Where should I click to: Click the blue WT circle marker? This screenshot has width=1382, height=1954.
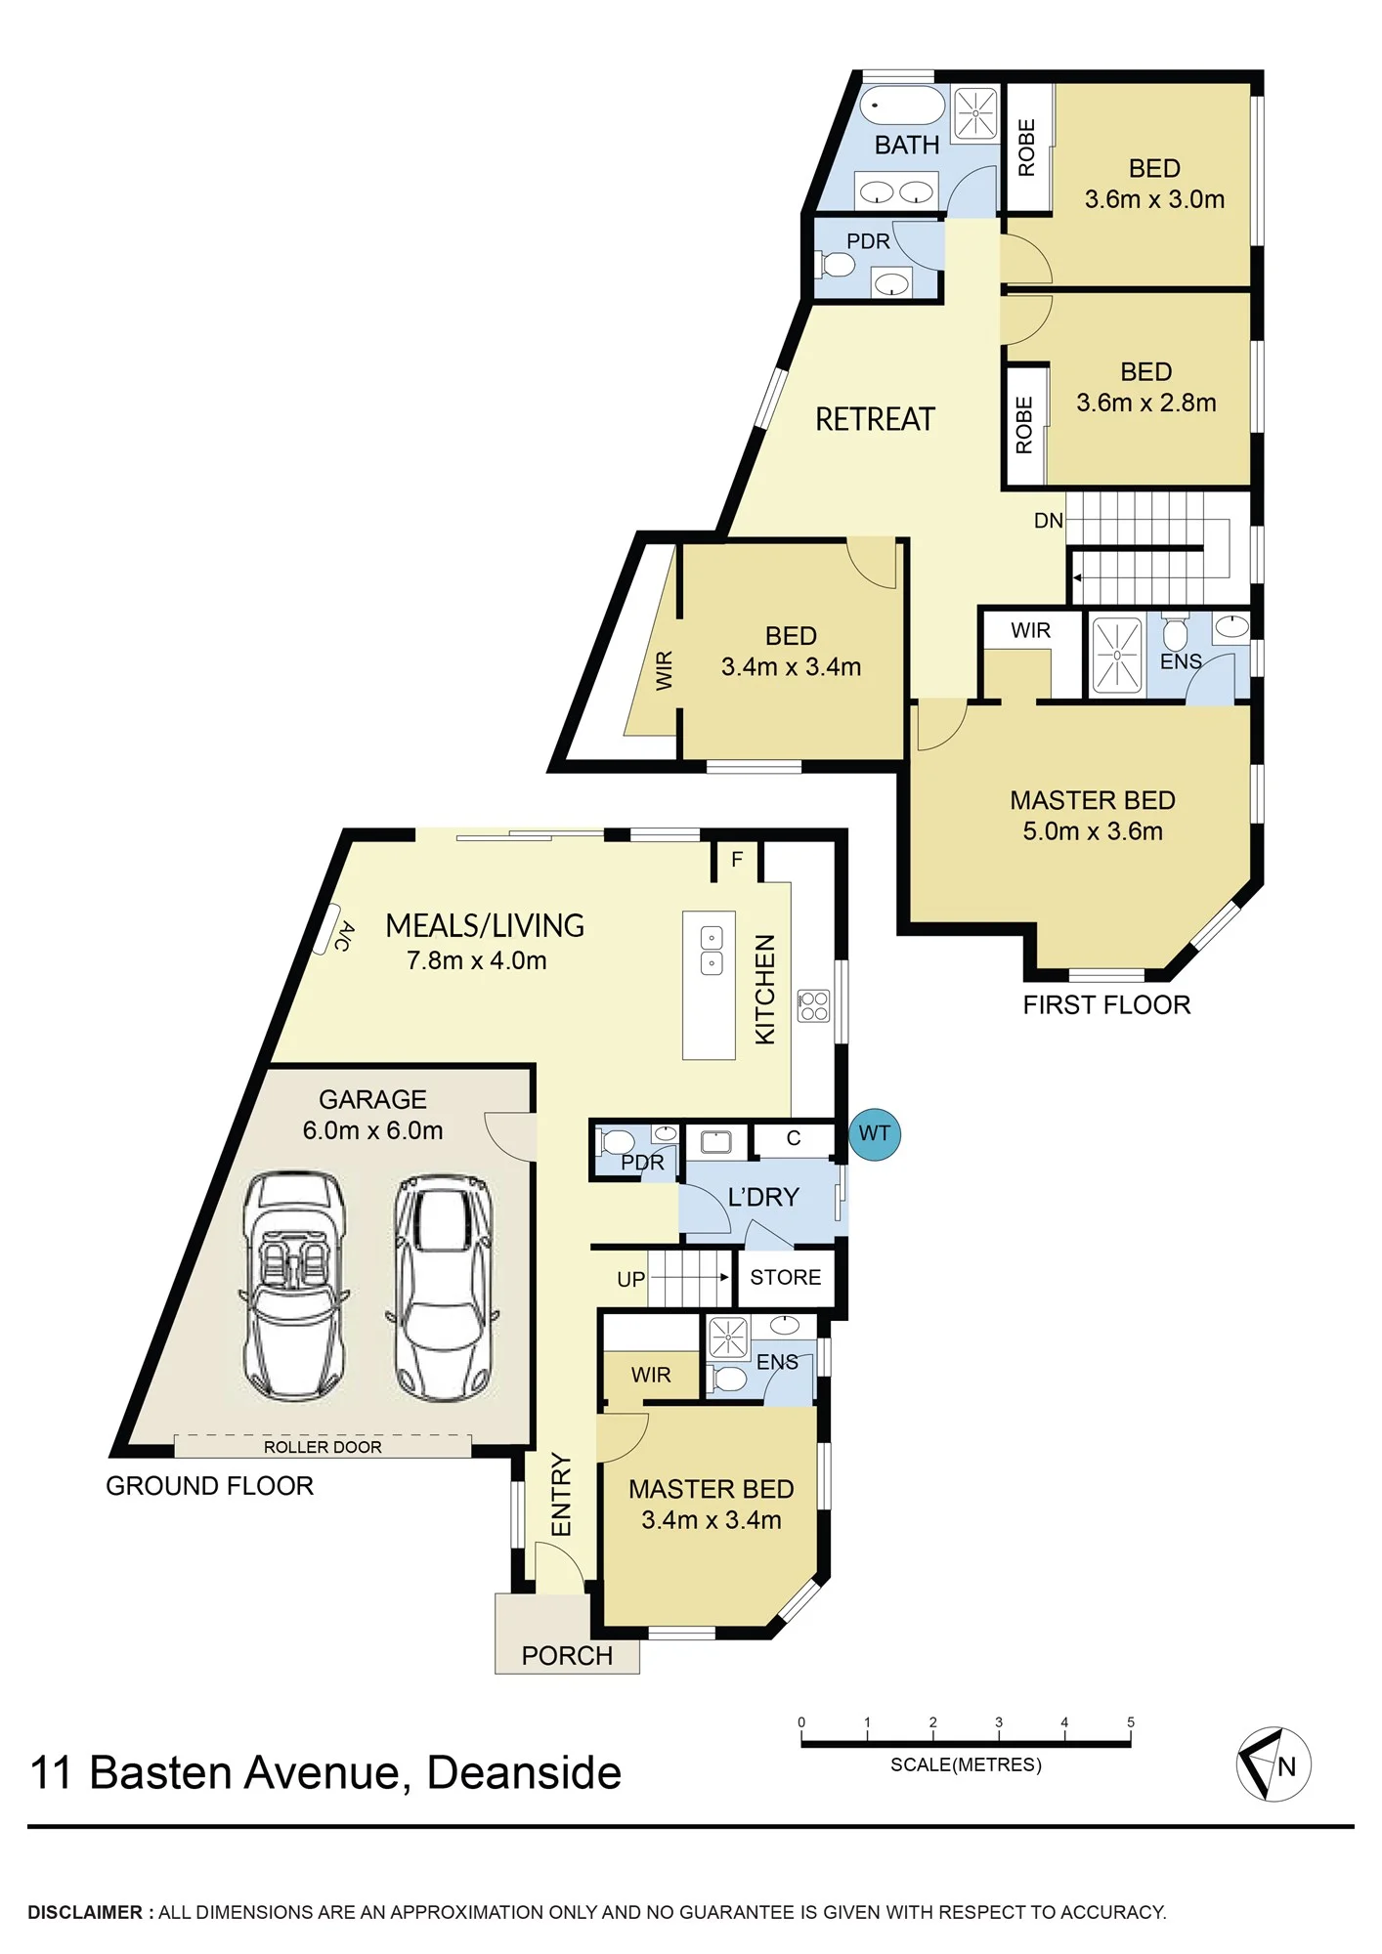click(874, 1134)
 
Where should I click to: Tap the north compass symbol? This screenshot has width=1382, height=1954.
click(1274, 1764)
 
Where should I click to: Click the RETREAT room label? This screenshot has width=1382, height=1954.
click(875, 419)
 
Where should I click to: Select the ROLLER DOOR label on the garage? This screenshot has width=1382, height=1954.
click(323, 1447)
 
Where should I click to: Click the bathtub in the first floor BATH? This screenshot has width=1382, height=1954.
click(903, 106)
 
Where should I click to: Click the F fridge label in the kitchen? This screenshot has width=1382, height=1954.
click(737, 860)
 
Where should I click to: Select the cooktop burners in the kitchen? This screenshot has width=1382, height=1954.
click(813, 1005)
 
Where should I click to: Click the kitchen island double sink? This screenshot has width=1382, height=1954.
click(712, 951)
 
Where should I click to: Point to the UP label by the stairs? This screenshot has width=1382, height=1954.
click(630, 1279)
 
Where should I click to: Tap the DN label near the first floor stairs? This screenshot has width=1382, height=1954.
click(1048, 521)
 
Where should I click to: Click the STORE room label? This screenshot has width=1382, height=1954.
click(785, 1277)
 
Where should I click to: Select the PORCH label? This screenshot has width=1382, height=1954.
click(567, 1655)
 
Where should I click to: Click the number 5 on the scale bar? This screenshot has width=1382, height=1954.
click(1131, 1722)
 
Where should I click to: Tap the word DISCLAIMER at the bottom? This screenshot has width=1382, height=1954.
click(85, 1912)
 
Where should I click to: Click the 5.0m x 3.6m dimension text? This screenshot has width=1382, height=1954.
click(1093, 831)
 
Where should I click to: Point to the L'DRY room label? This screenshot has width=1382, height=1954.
click(763, 1197)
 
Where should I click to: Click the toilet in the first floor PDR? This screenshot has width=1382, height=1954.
click(838, 264)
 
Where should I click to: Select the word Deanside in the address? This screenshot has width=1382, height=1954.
click(524, 1772)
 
